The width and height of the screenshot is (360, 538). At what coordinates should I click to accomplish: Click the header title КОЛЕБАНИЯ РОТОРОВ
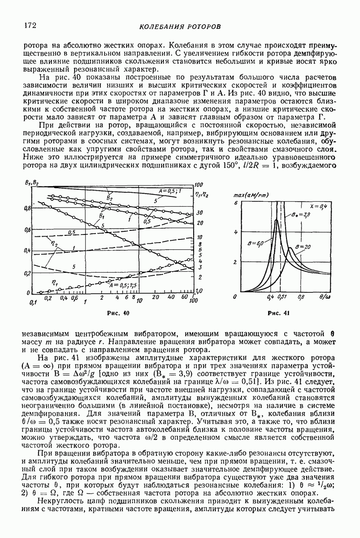pos(180,27)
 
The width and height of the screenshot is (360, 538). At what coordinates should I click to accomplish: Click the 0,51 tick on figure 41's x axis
pos(282,297)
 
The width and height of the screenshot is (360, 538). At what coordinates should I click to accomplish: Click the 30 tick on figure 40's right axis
pos(200,213)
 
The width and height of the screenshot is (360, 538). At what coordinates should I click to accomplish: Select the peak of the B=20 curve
pos(291,248)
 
